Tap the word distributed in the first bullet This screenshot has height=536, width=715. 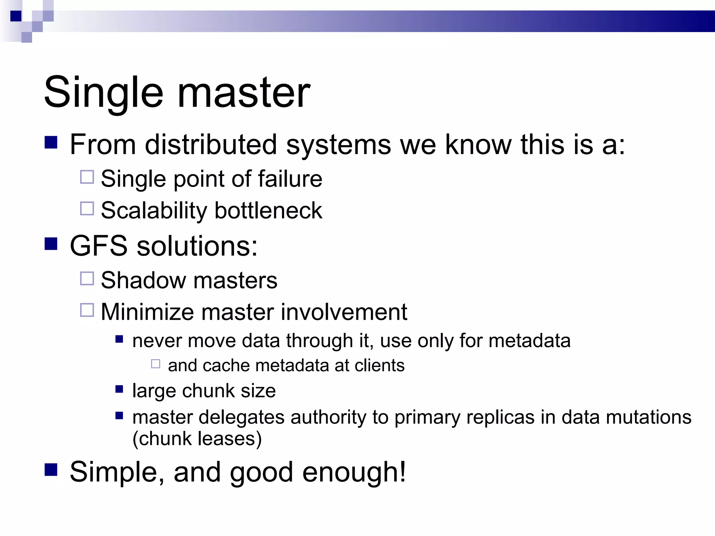tap(211, 144)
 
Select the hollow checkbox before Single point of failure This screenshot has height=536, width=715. tap(87, 177)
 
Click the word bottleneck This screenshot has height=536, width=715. tap(268, 210)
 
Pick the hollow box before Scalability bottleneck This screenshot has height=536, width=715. tap(87, 209)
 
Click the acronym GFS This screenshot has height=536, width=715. tap(98, 246)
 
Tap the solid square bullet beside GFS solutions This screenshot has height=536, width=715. tap(51, 244)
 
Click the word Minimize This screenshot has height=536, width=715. tap(147, 312)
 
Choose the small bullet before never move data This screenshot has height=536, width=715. tap(119, 339)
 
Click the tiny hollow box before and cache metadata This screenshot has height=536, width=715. tap(156, 364)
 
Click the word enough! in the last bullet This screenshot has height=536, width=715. tap(354, 472)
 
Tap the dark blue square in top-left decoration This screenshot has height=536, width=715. tap(16, 16)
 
